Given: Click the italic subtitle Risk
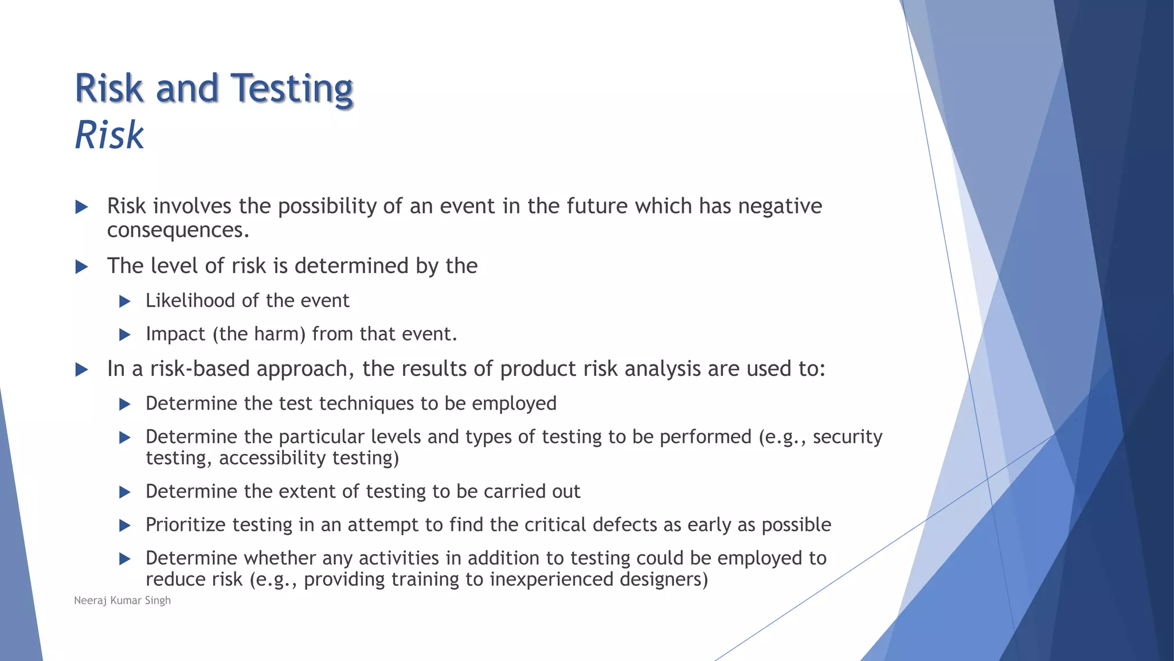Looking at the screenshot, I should [x=109, y=135].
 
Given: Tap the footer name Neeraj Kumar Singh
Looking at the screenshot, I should [x=122, y=600].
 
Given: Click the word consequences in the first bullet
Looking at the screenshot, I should [x=178, y=230].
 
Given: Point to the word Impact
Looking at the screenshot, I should [x=175, y=334].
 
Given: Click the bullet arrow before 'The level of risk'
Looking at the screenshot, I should [x=82, y=266].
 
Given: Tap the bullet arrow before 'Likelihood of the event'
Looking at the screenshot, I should [x=125, y=301].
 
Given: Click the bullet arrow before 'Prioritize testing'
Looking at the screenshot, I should [x=125, y=526].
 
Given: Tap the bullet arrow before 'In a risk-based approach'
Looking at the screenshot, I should [x=82, y=370].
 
